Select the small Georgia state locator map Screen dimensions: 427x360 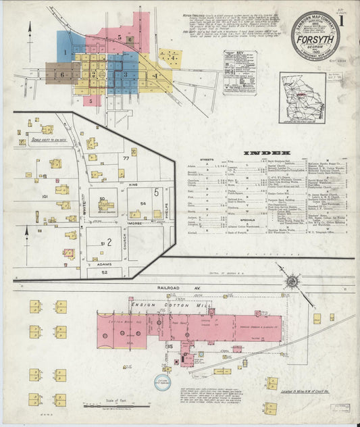pos(301,98)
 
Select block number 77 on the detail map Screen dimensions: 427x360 pos(126,157)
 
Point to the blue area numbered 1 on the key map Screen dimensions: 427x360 pos(66,51)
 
